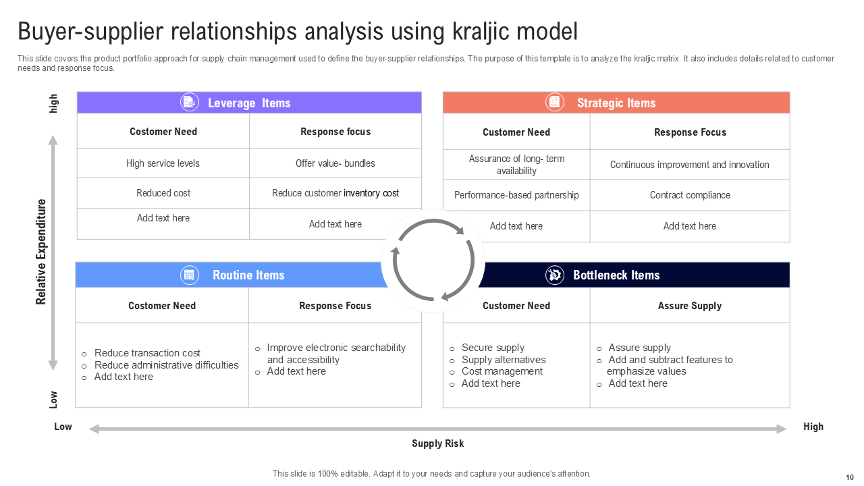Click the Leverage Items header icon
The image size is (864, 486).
pos(190,102)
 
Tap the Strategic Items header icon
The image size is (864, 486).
pos(555,102)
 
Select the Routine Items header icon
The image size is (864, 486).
pos(190,275)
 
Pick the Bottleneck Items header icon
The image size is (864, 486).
pos(555,275)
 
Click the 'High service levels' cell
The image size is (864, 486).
pos(163,163)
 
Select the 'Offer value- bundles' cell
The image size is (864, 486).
pos(335,163)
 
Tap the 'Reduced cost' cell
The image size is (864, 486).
pos(163,193)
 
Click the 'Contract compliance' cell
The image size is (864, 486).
pos(690,195)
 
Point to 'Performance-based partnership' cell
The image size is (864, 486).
pos(516,195)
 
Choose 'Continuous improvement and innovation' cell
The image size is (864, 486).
pos(690,165)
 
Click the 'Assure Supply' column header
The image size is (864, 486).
pos(690,306)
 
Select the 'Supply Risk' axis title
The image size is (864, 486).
pos(438,443)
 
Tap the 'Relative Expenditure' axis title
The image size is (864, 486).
pos(41,252)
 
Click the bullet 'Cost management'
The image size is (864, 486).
pos(502,371)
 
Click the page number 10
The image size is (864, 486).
pos(850,477)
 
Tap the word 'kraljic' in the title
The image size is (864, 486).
pos(481,32)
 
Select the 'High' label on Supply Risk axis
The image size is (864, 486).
pos(813,427)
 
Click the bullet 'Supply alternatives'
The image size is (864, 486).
pos(504,360)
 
